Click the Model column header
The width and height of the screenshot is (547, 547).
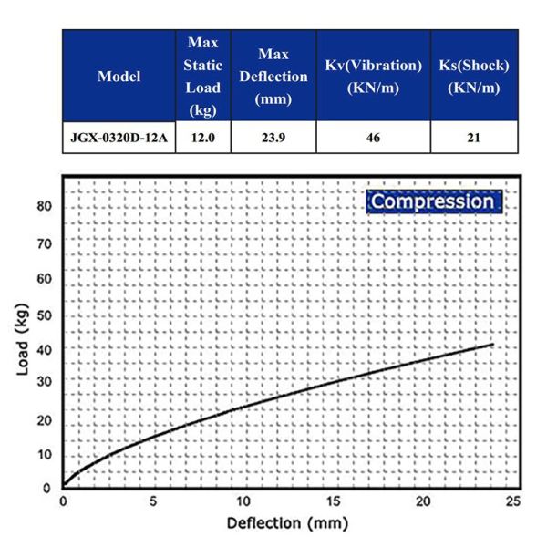click(119, 77)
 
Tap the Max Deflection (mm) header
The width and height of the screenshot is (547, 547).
click(273, 77)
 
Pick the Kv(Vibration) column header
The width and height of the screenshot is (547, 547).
click(373, 77)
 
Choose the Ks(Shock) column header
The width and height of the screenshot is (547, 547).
click(474, 77)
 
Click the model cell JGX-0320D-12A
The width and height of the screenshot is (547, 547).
click(119, 139)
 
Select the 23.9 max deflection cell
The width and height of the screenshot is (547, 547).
click(273, 139)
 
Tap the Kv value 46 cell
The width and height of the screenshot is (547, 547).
click(373, 139)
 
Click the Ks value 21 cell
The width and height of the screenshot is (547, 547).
click(474, 139)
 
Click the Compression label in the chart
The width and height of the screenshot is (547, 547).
click(432, 201)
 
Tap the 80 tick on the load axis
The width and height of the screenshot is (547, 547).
click(45, 207)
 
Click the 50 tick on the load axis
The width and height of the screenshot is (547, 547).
click(45, 315)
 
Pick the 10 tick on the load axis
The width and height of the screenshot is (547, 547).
click(45, 454)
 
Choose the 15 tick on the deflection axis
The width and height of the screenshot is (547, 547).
click(334, 502)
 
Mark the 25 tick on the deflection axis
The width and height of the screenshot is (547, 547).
click(513, 502)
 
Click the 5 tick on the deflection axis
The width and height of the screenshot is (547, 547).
click(153, 502)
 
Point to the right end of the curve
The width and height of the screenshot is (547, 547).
click(492, 345)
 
